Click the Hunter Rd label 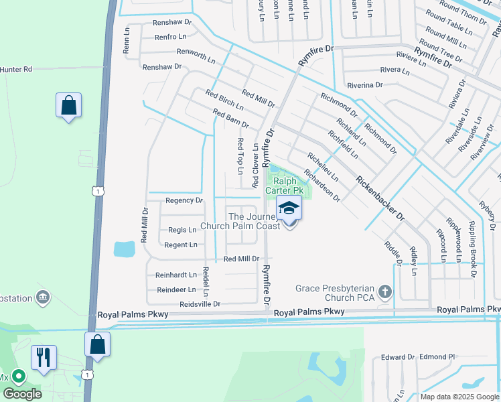[17, 69]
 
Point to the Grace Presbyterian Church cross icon [384, 291]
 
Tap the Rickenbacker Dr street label [380, 198]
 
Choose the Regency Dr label [184, 200]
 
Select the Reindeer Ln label [175, 289]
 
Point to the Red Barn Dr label [230, 119]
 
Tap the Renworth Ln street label [196, 56]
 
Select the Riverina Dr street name [364, 85]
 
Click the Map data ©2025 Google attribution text [459, 397]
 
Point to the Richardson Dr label [322, 186]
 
